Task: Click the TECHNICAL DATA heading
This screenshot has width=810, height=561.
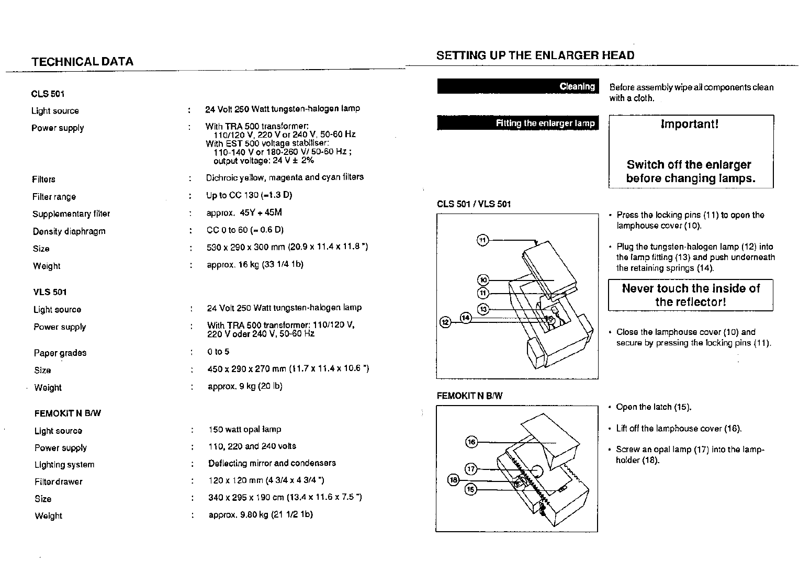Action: [x=82, y=62]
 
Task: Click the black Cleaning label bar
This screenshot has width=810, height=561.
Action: [x=517, y=86]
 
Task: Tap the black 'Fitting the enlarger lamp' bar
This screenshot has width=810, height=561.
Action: [x=517, y=123]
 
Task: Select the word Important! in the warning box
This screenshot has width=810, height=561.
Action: [x=690, y=124]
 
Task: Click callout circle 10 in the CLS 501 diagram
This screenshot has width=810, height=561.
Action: [x=483, y=280]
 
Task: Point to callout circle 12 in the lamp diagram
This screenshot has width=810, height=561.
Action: [x=445, y=322]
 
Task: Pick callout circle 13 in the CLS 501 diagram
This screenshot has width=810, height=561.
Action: [x=483, y=309]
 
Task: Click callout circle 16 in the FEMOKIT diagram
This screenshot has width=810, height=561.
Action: [x=471, y=442]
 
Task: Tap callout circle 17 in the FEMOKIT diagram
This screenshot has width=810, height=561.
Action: [x=471, y=468]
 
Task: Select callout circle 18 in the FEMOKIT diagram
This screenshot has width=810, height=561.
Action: [x=453, y=479]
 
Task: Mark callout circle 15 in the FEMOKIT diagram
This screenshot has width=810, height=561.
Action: [x=471, y=490]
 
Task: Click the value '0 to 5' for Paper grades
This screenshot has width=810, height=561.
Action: [x=218, y=352]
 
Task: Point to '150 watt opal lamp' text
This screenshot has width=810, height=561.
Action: [x=244, y=430]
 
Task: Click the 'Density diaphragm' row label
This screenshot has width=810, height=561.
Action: [x=69, y=231]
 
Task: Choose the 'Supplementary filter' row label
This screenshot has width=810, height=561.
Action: [x=71, y=214]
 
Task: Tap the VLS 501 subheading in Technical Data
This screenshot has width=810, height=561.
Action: [x=50, y=292]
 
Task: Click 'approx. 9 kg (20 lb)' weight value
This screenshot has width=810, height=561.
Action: [x=245, y=387]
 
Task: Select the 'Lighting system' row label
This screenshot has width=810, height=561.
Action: [x=64, y=465]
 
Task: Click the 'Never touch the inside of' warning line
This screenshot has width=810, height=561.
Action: [x=691, y=288]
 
